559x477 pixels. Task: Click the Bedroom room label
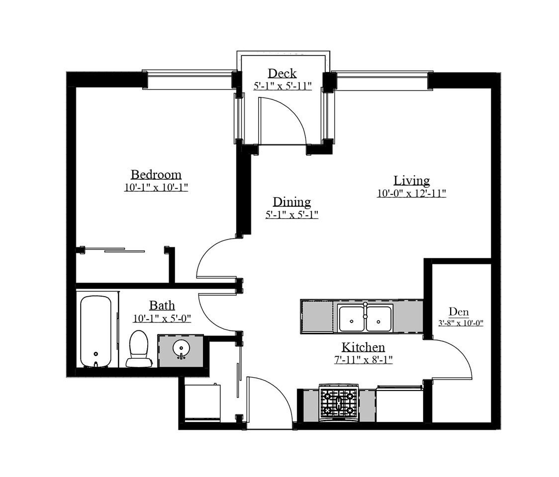tap(156, 175)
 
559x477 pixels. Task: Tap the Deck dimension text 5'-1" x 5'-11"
tap(282, 85)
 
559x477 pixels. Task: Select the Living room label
tap(411, 180)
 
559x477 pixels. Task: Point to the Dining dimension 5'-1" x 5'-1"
tap(291, 215)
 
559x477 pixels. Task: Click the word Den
tap(459, 312)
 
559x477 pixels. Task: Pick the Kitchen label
tap(363, 347)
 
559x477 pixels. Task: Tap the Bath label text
tap(162, 306)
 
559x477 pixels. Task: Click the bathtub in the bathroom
tap(95, 331)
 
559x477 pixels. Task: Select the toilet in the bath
tap(139, 348)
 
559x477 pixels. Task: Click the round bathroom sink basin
tap(181, 350)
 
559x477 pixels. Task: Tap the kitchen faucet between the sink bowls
tap(365, 311)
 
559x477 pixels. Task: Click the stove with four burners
tap(339, 401)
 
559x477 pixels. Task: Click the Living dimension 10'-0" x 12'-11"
tap(411, 194)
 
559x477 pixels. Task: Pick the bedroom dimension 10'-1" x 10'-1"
tap(156, 188)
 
